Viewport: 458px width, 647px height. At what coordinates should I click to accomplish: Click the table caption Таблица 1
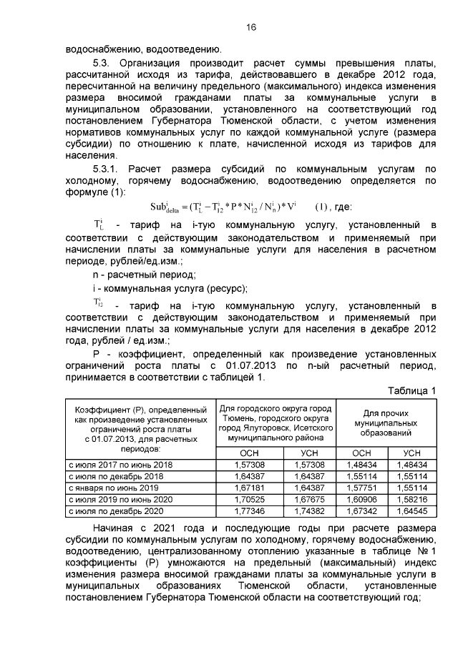tap(411, 390)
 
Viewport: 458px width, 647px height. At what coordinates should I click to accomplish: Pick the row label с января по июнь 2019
tap(113, 488)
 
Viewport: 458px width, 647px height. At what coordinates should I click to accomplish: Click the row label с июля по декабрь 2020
tap(115, 511)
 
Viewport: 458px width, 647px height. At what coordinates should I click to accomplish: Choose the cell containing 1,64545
tap(411, 511)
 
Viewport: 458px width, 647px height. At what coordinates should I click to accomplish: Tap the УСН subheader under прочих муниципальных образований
tap(411, 453)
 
